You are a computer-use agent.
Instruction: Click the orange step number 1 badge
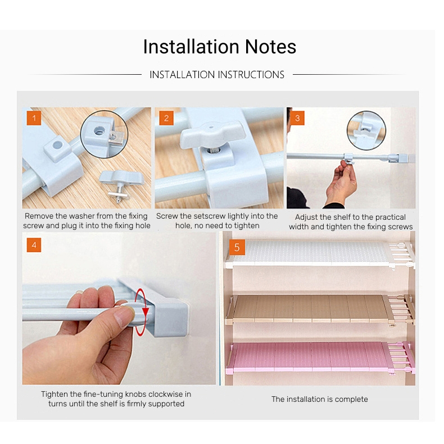pyautogui.click(x=34, y=118)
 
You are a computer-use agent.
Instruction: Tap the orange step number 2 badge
pyautogui.click(x=166, y=118)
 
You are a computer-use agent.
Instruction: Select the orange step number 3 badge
pyautogui.click(x=297, y=118)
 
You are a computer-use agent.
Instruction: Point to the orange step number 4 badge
pyautogui.click(x=34, y=245)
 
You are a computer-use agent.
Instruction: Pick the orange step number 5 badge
pyautogui.click(x=237, y=247)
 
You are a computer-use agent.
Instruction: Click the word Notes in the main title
pyautogui.click(x=270, y=47)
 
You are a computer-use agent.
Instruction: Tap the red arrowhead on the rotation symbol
pyautogui.click(x=146, y=312)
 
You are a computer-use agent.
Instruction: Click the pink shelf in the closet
pyautogui.click(x=320, y=357)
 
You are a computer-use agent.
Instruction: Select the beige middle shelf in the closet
pyautogui.click(x=320, y=310)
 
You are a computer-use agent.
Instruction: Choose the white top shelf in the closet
pyautogui.click(x=320, y=255)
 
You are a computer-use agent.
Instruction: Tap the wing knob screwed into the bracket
pyautogui.click(x=212, y=134)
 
